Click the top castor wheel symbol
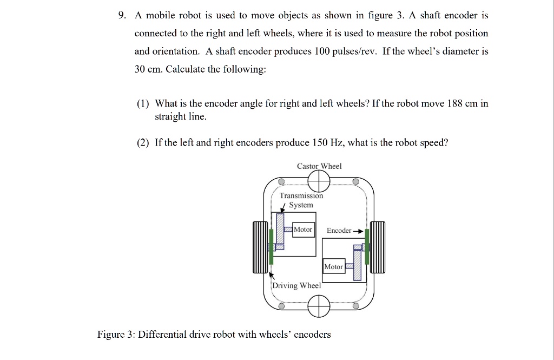click(319, 181)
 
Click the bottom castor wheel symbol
click(319, 306)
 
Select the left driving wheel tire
click(260, 247)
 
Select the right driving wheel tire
click(378, 247)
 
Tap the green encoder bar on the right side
click(367, 246)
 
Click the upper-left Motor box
click(303, 230)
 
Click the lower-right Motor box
click(333, 266)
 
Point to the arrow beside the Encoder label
click(358, 231)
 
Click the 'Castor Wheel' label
click(319, 166)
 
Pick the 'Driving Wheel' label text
click(296, 285)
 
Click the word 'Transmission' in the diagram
click(301, 196)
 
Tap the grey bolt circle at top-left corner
click(281, 181)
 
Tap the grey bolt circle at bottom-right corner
click(355, 306)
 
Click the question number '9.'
click(123, 15)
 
